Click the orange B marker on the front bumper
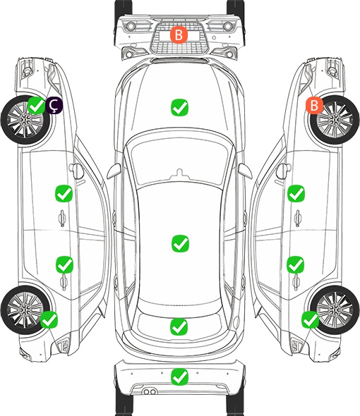click(x=179, y=35)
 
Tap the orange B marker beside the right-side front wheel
click(x=314, y=105)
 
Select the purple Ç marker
click(x=54, y=105)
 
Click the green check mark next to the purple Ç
click(x=37, y=105)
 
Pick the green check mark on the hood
click(x=179, y=107)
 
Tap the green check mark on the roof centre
click(x=181, y=243)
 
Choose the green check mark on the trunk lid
click(x=179, y=326)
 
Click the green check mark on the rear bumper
click(x=180, y=377)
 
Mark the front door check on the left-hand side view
click(x=64, y=193)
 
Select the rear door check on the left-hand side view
click(x=64, y=264)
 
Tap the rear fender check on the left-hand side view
click(x=49, y=319)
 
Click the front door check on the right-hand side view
click(x=296, y=193)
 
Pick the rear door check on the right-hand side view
click(x=296, y=264)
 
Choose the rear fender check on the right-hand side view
click(x=311, y=319)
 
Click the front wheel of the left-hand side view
click(x=25, y=120)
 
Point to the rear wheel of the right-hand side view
click(x=335, y=310)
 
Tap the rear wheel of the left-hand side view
click(x=25, y=310)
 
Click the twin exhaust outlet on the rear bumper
click(x=150, y=391)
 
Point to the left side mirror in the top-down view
click(x=114, y=171)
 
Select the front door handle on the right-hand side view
click(x=298, y=218)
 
